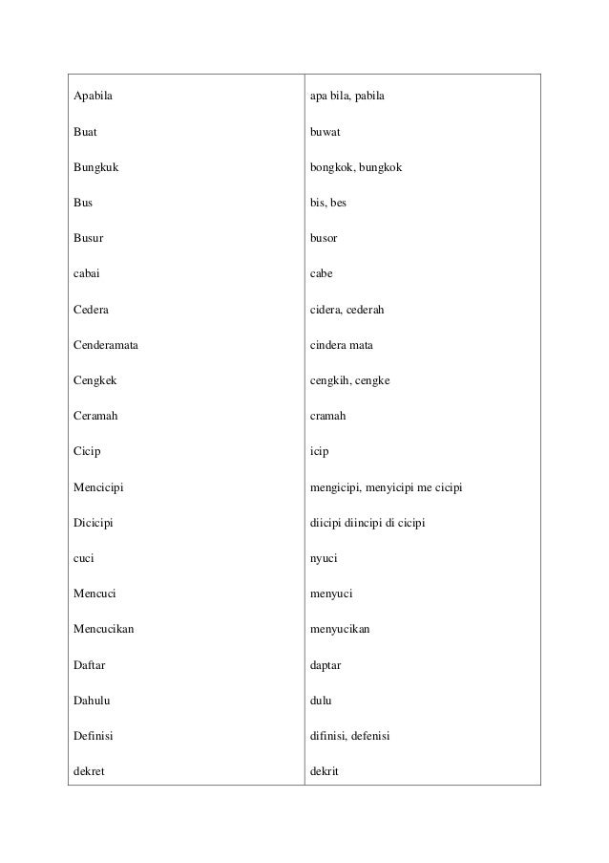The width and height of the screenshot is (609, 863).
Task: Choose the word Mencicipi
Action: click(x=101, y=486)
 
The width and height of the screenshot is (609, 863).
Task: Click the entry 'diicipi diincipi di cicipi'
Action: click(x=367, y=522)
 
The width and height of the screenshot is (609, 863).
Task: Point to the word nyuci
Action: click(x=325, y=557)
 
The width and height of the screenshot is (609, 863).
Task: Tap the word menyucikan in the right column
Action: click(x=341, y=628)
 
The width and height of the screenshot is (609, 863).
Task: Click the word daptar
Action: click(x=326, y=663)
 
